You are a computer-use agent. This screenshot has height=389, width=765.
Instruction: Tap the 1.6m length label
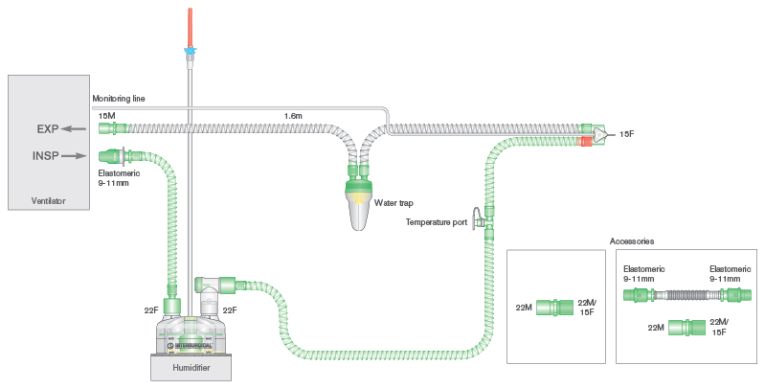tap(293, 116)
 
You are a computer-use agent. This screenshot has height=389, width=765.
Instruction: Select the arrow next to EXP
tap(74, 127)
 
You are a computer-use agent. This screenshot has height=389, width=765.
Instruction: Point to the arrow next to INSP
tap(75, 154)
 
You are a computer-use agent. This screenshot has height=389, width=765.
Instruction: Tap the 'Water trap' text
tap(393, 202)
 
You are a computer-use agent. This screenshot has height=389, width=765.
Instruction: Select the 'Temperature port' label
tap(437, 222)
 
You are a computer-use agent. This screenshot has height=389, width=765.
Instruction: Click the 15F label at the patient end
tap(626, 134)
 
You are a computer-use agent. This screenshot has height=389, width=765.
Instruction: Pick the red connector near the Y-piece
tap(585, 142)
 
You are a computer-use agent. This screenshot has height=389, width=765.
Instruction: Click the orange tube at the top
tap(191, 23)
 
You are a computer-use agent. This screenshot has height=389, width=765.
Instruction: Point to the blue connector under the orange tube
tap(191, 49)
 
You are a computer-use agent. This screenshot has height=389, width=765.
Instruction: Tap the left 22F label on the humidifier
tap(151, 309)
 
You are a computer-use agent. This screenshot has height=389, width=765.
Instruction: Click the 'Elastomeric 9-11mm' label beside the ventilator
tap(120, 178)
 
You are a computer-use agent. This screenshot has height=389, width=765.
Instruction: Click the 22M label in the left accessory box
tap(524, 308)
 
